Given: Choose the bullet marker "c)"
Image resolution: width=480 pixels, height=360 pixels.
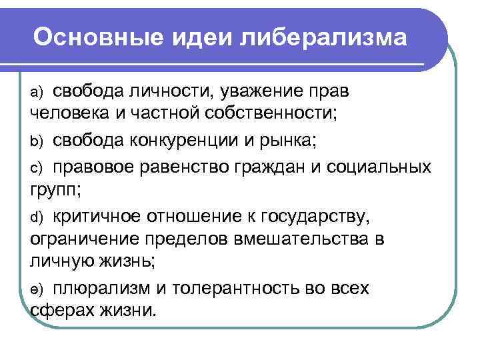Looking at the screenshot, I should coord(37,166).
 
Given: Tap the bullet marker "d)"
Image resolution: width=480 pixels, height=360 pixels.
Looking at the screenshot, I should coord(37,217).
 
